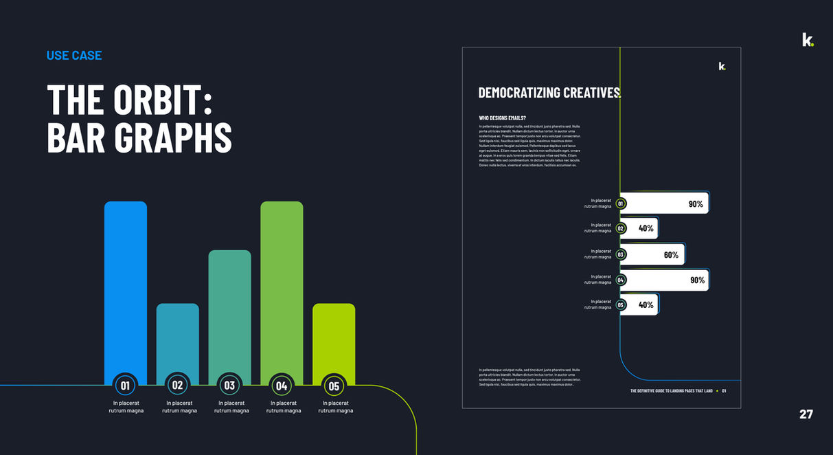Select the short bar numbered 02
point(177,337)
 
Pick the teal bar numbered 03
point(229,309)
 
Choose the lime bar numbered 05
point(334,337)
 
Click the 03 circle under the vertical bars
point(229,386)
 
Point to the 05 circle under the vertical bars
point(334,386)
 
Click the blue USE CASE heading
point(74,56)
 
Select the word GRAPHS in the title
point(173,137)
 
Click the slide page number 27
point(806,414)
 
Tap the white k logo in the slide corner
point(807,40)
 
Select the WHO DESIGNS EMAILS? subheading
point(503,118)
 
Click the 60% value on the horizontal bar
point(671,255)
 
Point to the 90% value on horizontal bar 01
point(696,204)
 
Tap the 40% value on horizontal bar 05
point(646,304)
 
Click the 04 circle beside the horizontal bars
point(621,280)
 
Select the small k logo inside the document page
point(721,66)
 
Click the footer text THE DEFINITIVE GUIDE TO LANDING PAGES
point(671,391)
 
